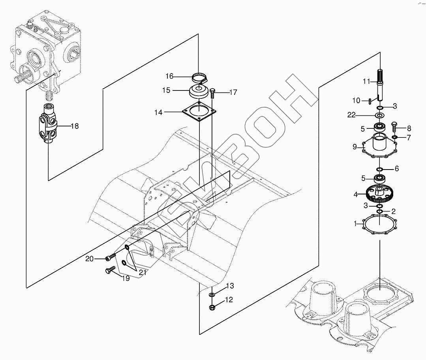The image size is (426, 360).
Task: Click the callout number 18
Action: pyautogui.click(x=75, y=126)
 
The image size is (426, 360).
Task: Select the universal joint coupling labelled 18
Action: pyautogui.click(x=48, y=124)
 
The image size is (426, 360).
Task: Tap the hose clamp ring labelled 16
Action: pyautogui.click(x=199, y=76)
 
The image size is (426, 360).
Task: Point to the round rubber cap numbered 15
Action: pyautogui.click(x=199, y=92)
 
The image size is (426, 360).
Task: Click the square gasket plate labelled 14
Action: pyautogui.click(x=199, y=112)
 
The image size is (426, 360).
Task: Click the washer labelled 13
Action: pyautogui.click(x=212, y=294)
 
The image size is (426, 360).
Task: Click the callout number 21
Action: pyautogui.click(x=143, y=272)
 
